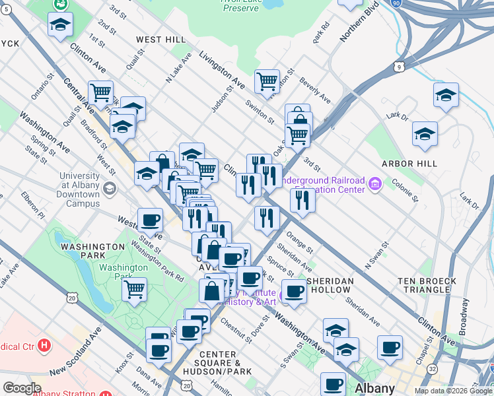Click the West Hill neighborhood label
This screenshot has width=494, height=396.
pos(160,40)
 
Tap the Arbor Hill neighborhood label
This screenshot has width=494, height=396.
pos(409,163)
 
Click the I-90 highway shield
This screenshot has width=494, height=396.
pos(396,3)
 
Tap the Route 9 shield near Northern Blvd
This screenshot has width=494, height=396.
pos(399,67)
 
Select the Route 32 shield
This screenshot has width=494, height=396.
pos(433,368)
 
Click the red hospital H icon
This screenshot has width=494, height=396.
pos(44,345)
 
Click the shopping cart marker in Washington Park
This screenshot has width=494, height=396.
pos(134,288)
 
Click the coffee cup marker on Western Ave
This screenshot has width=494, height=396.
pos(150,220)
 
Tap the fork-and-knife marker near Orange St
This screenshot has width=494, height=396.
pos(266,216)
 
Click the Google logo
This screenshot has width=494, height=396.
pos(22,388)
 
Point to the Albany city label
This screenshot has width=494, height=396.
pos(374,388)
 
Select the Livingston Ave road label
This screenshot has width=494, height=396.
pos(222,71)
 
